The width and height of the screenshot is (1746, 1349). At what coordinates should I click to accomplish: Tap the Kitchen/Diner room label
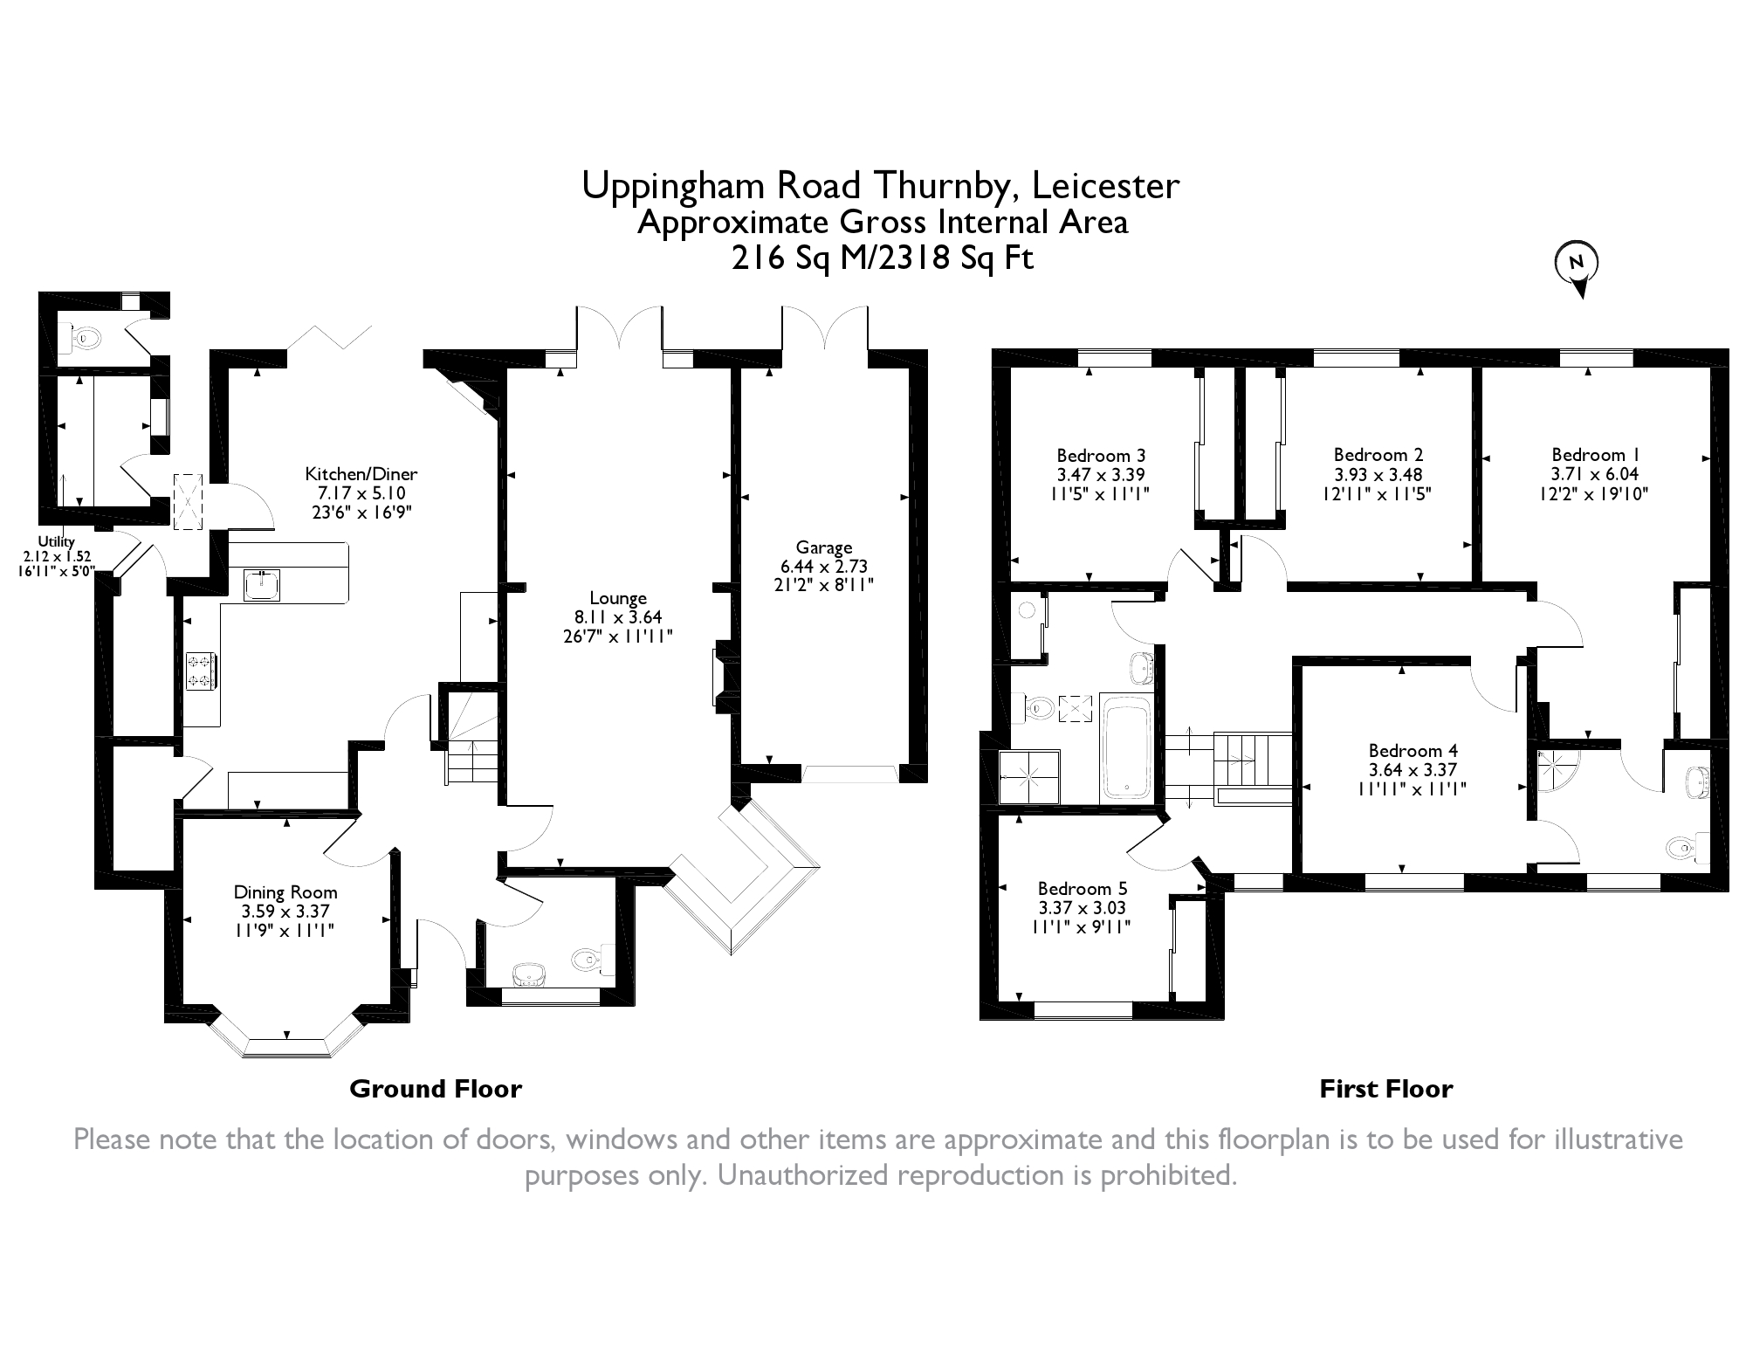click(361, 474)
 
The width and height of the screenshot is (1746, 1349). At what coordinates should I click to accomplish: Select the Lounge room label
click(618, 598)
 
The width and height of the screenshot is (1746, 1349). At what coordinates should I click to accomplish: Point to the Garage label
click(824, 547)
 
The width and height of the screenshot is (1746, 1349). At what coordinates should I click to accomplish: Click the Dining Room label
click(285, 892)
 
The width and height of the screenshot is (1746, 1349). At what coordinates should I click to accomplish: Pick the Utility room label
click(56, 542)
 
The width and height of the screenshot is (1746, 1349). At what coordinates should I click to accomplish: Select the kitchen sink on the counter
click(261, 585)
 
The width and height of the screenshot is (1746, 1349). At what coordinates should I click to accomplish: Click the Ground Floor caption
click(436, 1089)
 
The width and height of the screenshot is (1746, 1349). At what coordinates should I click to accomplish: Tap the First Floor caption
click(1386, 1089)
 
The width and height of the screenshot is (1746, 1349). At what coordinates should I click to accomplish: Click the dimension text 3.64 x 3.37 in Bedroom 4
click(1413, 769)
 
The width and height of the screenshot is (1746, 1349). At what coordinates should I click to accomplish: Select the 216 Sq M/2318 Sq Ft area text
click(883, 258)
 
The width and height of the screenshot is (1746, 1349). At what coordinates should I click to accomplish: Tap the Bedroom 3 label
click(1101, 455)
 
